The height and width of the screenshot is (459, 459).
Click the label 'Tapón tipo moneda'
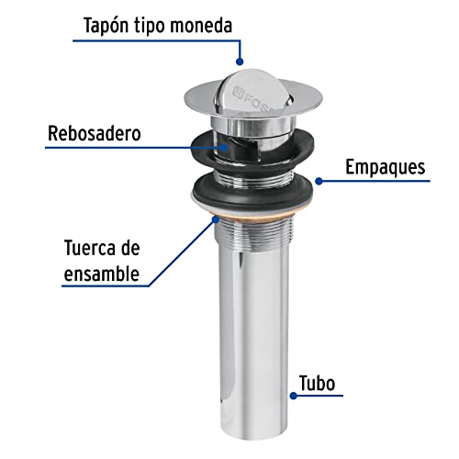tap(161, 24)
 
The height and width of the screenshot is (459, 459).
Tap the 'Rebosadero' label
tap(94, 134)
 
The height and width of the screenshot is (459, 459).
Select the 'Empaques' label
tap(384, 167)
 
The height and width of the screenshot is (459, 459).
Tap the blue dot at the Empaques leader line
tap(317, 179)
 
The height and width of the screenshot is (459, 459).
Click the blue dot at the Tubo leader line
tap(294, 396)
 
